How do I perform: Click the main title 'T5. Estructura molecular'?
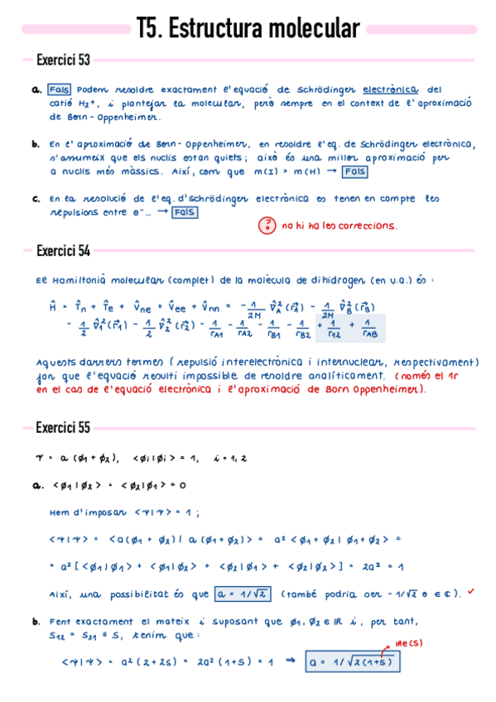click(x=248, y=30)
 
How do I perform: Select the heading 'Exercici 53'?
click(x=63, y=60)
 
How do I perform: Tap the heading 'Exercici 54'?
click(x=63, y=251)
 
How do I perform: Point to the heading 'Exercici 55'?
click(x=63, y=428)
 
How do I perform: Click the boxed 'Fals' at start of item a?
click(x=59, y=89)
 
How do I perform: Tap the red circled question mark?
click(x=267, y=225)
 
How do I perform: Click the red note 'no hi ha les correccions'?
click(x=339, y=225)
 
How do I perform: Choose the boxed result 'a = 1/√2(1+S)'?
click(x=351, y=661)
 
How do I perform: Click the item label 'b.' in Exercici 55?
click(x=36, y=621)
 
